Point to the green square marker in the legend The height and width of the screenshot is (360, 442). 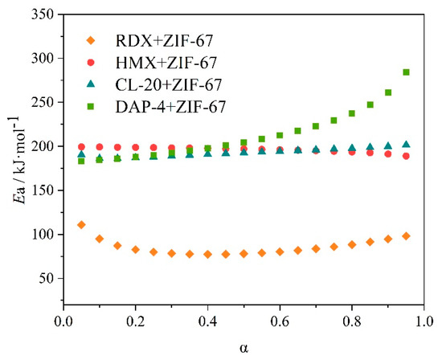(91, 105)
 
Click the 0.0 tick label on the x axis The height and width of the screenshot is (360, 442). (63, 322)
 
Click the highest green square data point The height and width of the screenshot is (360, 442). (407, 72)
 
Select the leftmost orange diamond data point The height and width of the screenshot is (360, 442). (81, 225)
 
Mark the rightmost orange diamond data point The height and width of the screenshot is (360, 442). (407, 236)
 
